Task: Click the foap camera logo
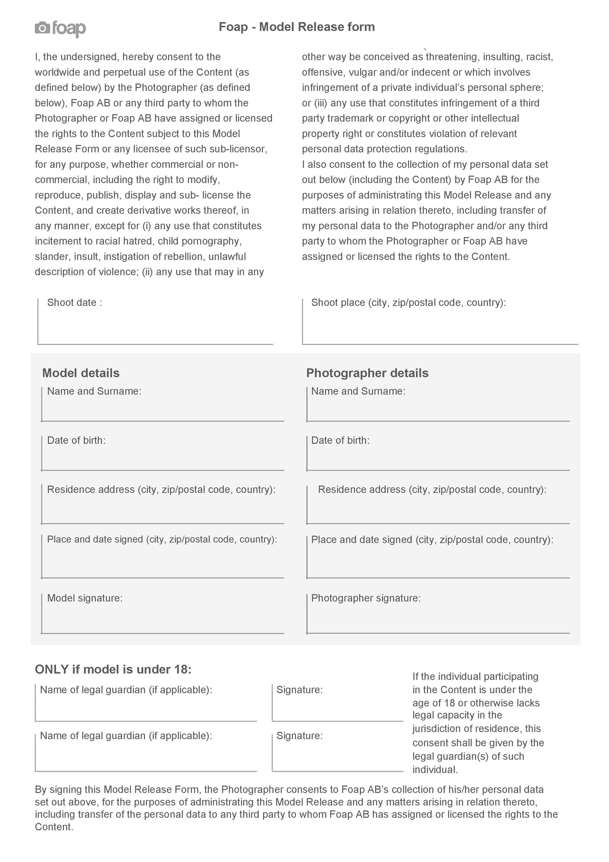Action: pyautogui.click(x=60, y=28)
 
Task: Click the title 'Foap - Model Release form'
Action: pyautogui.click(x=296, y=27)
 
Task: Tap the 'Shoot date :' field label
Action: pyautogui.click(x=74, y=303)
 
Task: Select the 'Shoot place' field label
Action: pyautogui.click(x=408, y=303)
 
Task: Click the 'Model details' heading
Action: pyautogui.click(x=81, y=373)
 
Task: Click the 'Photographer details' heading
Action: pyautogui.click(x=367, y=373)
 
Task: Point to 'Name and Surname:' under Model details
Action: pyautogui.click(x=94, y=391)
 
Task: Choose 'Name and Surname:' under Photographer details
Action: pyautogui.click(x=358, y=391)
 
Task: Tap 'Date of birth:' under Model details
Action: pyautogui.click(x=76, y=440)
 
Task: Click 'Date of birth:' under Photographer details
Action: pyautogui.click(x=340, y=440)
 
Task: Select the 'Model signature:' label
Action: pyautogui.click(x=85, y=598)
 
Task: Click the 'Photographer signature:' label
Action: pyautogui.click(x=366, y=598)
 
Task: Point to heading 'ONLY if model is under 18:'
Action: pyautogui.click(x=113, y=669)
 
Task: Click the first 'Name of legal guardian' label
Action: pyautogui.click(x=126, y=690)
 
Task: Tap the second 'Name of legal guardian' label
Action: pyautogui.click(x=126, y=735)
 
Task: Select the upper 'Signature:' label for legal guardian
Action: pyautogui.click(x=300, y=690)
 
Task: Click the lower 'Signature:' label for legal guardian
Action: pyautogui.click(x=300, y=735)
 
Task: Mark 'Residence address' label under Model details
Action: pyautogui.click(x=161, y=490)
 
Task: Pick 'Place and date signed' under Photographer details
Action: pyautogui.click(x=432, y=540)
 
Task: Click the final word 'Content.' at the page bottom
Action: pyautogui.click(x=54, y=827)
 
